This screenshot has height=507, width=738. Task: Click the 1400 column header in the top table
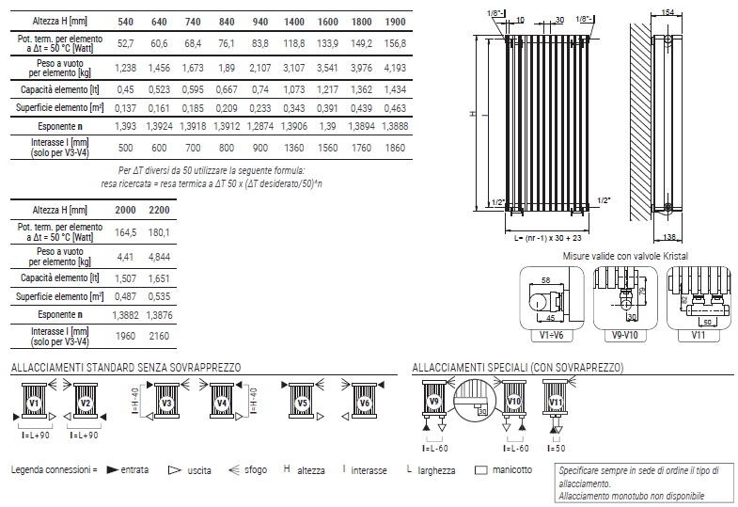coord(293,22)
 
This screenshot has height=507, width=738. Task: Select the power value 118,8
coord(293,43)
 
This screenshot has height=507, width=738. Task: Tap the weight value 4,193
coord(395,68)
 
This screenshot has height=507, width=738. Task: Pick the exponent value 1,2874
coord(259,126)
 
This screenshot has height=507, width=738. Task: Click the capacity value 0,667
coord(227,89)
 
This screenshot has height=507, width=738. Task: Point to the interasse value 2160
coord(159,336)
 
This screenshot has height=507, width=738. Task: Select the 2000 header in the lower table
coord(125,210)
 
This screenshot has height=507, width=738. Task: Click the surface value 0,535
coord(159,296)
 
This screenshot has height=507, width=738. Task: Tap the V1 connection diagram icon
coord(35,402)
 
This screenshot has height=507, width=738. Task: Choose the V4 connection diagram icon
coord(222,402)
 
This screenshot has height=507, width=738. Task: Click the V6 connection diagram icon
coord(364,402)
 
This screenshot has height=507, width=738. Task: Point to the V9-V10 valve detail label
coord(624,336)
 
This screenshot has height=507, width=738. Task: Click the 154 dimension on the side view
coord(667,12)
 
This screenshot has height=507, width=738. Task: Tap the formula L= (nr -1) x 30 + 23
coord(547,238)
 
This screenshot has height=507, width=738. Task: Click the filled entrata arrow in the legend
coord(112,469)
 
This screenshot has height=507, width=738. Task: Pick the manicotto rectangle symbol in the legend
coord(481,469)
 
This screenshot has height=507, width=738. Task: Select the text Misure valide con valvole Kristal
coord(625,256)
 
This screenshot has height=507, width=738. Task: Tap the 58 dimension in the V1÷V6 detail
coord(545,280)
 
